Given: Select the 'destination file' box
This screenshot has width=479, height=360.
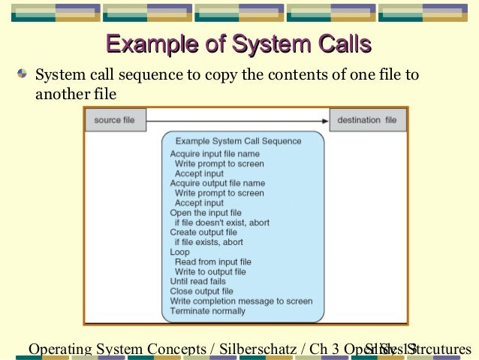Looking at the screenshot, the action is point(367,120).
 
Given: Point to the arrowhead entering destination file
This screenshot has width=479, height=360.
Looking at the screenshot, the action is point(324,120).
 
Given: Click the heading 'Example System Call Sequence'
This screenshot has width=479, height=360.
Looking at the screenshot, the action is point(238,141).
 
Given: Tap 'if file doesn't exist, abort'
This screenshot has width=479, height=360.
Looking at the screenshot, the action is point(221,222).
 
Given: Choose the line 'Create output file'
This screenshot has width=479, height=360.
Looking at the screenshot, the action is point(203,232).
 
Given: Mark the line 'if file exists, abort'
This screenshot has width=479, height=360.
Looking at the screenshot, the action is point(209,243).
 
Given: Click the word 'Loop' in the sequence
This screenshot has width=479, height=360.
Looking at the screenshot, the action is point(180,253).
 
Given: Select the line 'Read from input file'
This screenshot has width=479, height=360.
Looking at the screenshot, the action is point(212,262).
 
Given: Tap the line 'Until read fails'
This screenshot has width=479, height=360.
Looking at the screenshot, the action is point(197,282).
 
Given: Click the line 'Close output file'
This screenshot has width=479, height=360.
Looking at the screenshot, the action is point(201,292).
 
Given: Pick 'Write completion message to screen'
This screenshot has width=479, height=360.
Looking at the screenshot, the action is point(241,301).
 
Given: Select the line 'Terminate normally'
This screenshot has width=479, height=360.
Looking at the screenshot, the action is point(207,311).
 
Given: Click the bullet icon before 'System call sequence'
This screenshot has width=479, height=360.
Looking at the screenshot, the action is point(24,74).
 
